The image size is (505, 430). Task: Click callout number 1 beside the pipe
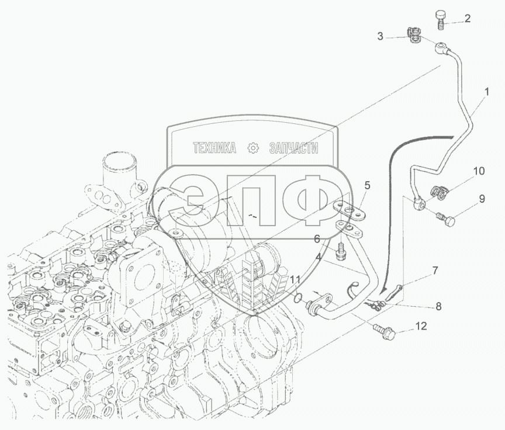(x=486, y=92)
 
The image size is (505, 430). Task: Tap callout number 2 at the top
(x=468, y=18)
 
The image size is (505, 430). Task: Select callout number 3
(x=381, y=37)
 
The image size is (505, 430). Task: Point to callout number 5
(x=367, y=185)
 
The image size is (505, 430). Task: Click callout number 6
(x=317, y=239)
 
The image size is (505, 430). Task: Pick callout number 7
(x=435, y=271)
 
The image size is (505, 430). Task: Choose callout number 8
(x=438, y=306)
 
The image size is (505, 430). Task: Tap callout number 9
(x=482, y=199)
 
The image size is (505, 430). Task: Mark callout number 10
(x=479, y=171)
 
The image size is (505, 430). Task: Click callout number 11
(x=295, y=280)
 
